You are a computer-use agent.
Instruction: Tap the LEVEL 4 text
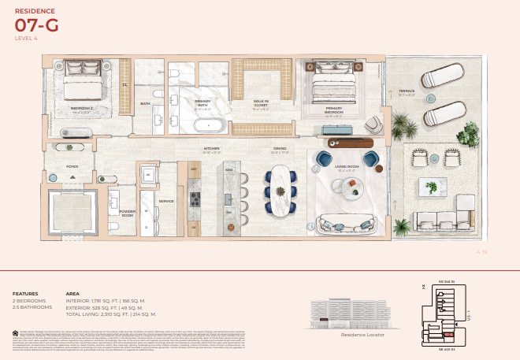pos(27,38)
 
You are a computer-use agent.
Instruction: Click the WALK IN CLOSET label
pos(261,102)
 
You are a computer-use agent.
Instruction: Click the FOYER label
pos(72,166)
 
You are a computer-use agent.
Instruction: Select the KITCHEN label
pos(211,148)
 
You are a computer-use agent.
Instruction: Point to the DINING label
pos(280,148)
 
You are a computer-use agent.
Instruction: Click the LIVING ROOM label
pos(347,166)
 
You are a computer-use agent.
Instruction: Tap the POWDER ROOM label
pos(128,213)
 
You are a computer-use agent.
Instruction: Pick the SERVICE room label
pos(166,201)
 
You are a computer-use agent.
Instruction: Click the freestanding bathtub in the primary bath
pos(208,124)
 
